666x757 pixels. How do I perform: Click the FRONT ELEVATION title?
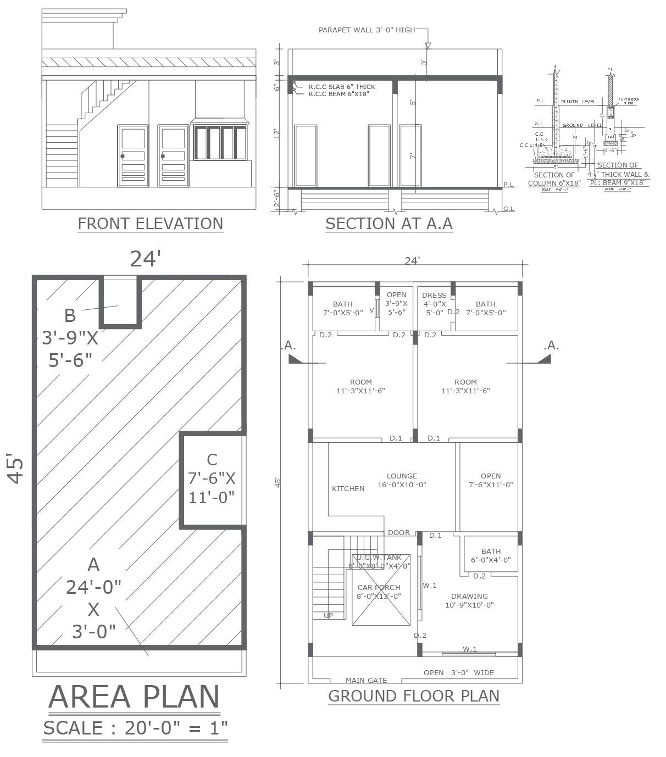pos(150,224)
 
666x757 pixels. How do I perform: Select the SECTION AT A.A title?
pos(389,224)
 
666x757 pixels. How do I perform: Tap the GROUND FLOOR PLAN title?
pos(414,696)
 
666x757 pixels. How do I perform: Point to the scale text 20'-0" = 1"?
pos(176,728)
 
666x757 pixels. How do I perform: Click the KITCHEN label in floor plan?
pos(348,488)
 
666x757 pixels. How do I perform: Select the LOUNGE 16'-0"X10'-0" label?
pos(402,480)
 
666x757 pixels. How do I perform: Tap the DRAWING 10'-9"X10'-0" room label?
pos(469,600)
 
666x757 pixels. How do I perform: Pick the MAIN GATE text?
pos(366,680)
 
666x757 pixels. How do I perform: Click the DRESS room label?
pos(434,295)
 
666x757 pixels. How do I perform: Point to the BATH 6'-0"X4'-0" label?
pos(491,555)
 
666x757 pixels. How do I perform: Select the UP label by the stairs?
pos(328,616)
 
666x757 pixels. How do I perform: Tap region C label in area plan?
pos(212,478)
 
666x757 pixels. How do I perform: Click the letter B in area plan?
pos(70,315)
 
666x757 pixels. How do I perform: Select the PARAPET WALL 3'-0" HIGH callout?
pos(367,30)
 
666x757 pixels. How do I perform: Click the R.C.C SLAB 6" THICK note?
pos(341,87)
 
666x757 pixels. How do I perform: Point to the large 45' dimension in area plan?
pos(16,468)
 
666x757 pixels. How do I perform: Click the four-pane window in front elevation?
pos(220,143)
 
